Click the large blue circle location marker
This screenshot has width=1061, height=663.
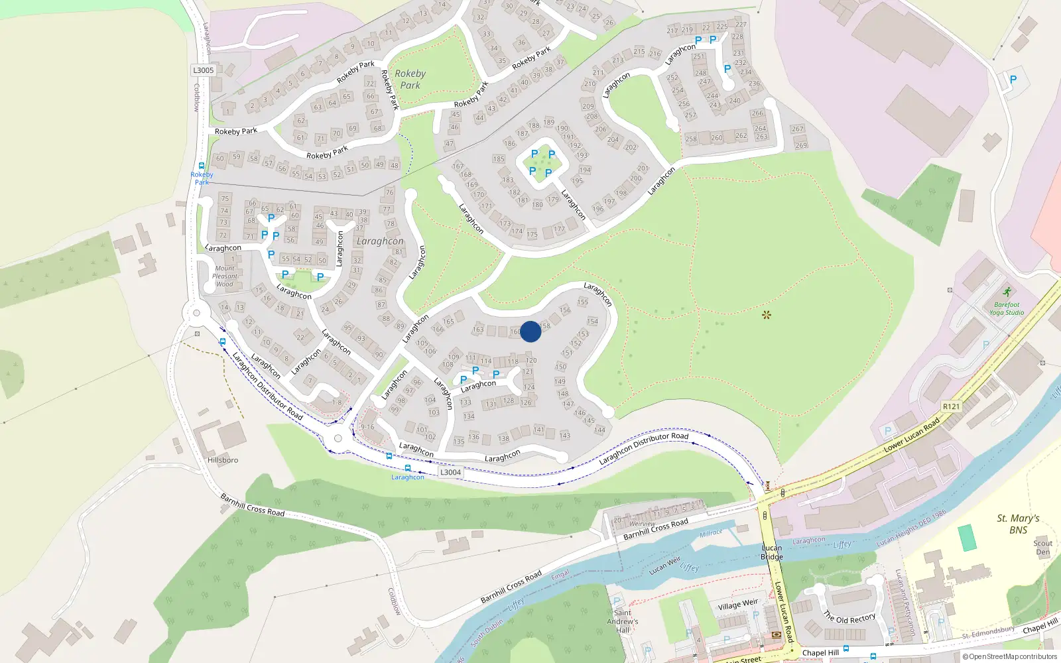click(x=530, y=331)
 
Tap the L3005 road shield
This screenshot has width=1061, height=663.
click(x=204, y=70)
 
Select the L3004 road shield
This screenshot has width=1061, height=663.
click(x=450, y=472)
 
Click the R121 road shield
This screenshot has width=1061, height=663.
click(x=951, y=406)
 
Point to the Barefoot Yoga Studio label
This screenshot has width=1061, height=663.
click(x=1007, y=309)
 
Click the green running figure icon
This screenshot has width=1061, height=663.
click(x=1007, y=292)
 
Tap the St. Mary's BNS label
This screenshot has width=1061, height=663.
click(x=1018, y=524)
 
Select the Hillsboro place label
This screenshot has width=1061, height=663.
click(x=223, y=460)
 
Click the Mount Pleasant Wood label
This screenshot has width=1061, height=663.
click(x=225, y=276)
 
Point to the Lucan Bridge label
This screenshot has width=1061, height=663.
click(x=772, y=552)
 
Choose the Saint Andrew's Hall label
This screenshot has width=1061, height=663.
click(x=623, y=621)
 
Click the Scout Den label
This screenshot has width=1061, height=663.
click(x=1043, y=547)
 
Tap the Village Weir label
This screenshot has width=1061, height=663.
click(x=737, y=605)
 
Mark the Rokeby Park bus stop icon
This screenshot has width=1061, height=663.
click(x=202, y=166)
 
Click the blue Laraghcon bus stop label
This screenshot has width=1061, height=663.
click(x=408, y=477)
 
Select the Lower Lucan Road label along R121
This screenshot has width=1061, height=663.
click(x=912, y=435)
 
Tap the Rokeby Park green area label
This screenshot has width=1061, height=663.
click(x=410, y=80)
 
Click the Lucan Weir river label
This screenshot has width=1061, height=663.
click(x=664, y=566)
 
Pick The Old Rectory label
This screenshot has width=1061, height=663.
click(x=849, y=617)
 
